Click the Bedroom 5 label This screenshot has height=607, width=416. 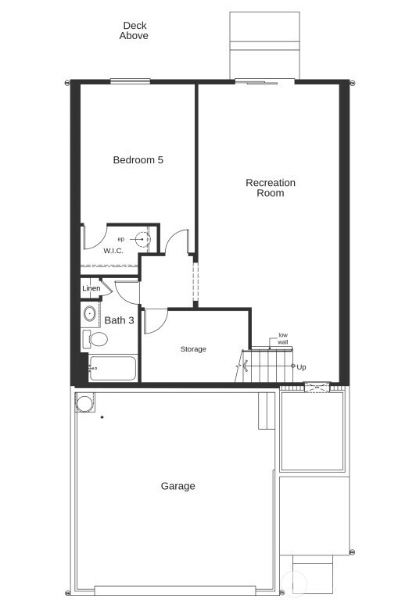pos(138,160)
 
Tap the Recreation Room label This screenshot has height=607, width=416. pos(271,187)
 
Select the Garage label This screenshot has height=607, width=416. pos(178,486)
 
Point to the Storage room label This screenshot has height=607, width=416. pos(193,349)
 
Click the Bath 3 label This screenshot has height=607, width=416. pos(119,320)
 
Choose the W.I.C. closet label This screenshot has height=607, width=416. pos(113,251)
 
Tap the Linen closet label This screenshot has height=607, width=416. pos(91,289)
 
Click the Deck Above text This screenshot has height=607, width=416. pos(134,31)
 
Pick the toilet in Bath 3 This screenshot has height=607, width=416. pos(96,340)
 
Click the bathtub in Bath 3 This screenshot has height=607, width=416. pos(113,368)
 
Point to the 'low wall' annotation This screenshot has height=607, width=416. pos(282,339)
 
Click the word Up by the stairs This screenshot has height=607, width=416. pos(301,367)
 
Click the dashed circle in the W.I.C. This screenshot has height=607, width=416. pos(142,239)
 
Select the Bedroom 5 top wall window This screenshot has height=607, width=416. pos(130,80)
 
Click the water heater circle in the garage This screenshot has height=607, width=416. pos(84,402)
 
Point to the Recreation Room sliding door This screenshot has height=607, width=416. pos(264,80)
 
